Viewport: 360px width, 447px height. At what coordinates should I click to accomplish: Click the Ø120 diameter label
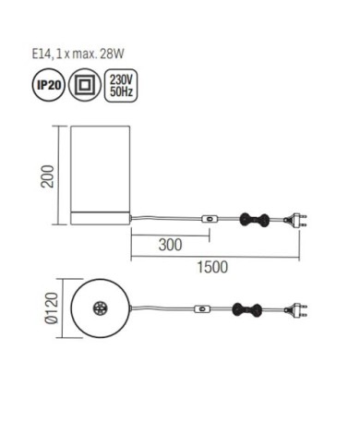(x=54, y=309)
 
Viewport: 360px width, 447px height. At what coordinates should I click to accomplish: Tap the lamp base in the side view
(x=101, y=219)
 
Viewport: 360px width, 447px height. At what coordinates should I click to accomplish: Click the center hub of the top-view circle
(x=101, y=309)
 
